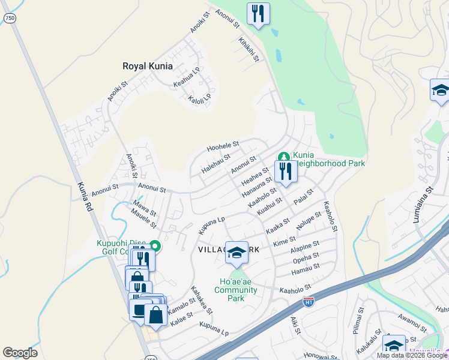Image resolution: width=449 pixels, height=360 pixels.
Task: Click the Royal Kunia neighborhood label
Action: [x=148, y=66]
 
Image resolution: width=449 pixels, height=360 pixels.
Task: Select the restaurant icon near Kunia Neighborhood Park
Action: [x=286, y=172]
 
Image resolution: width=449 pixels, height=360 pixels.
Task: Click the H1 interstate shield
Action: [x=309, y=301]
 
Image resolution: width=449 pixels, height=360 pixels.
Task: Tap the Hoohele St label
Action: [x=223, y=146]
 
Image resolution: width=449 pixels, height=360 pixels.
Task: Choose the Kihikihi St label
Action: [x=249, y=49]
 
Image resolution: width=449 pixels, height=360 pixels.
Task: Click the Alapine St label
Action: [x=304, y=248]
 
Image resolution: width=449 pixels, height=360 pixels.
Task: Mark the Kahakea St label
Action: [x=202, y=299]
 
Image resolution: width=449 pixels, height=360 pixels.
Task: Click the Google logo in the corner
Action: [x=20, y=353]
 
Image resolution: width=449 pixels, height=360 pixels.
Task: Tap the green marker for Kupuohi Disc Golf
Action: [x=155, y=246]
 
